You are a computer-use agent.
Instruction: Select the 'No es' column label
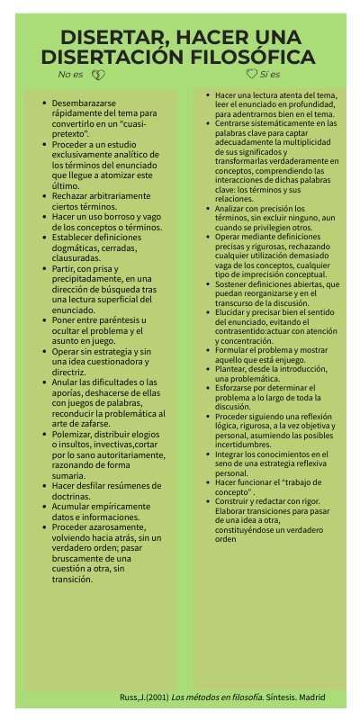tap(70, 75)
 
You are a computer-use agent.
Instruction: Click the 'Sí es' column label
tap(270, 75)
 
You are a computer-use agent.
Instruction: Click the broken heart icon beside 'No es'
tap(99, 75)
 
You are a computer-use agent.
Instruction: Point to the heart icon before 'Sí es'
tap(251, 75)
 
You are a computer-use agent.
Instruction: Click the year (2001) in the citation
tap(156, 697)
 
